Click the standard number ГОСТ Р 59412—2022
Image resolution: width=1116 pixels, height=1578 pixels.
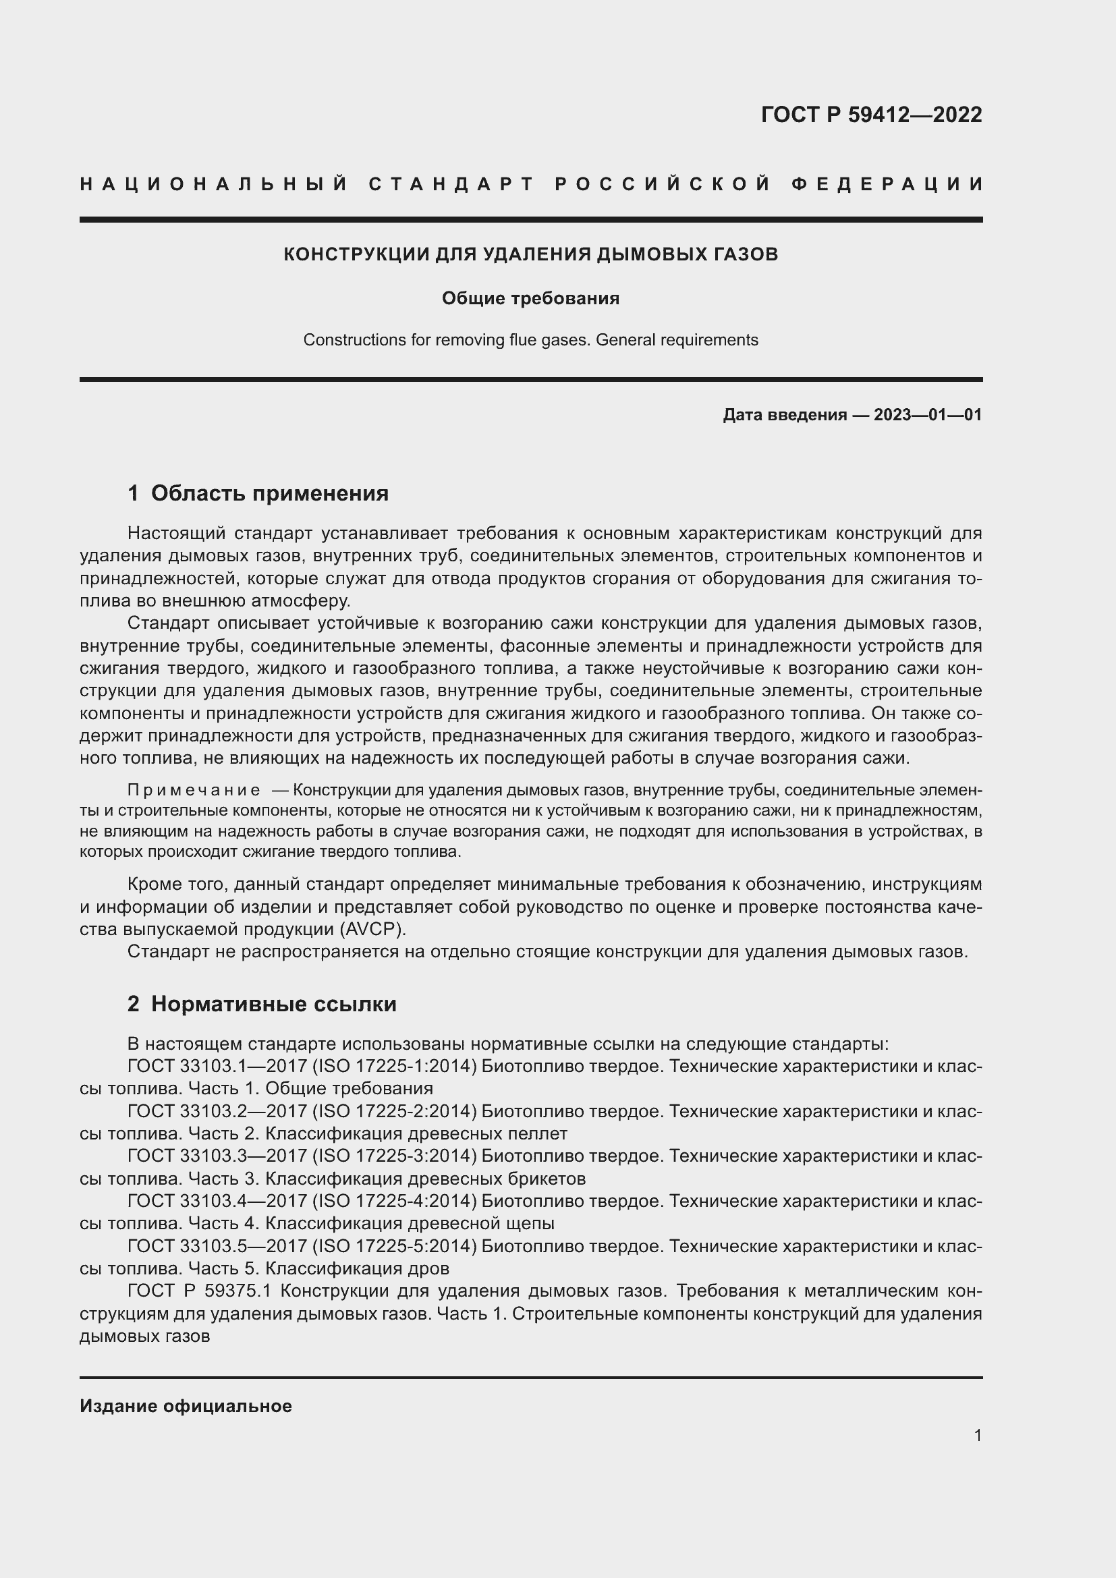coord(870,114)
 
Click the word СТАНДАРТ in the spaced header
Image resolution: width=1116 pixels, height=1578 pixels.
coord(451,184)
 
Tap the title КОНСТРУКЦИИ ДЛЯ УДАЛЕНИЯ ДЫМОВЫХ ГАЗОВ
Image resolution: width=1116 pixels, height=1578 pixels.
coord(530,254)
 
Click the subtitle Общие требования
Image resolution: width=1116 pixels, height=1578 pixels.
coord(530,298)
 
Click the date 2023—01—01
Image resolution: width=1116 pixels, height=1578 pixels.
coord(928,415)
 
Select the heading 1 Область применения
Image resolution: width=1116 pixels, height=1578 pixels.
coord(258,493)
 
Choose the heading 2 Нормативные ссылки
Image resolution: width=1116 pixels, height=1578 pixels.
coord(262,1004)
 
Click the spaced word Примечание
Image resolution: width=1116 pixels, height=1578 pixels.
coord(194,791)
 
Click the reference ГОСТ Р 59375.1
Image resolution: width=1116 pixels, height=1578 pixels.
coord(200,1291)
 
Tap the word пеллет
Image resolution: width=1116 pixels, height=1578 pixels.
coord(543,1133)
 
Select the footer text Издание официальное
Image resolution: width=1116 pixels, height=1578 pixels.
coord(186,1406)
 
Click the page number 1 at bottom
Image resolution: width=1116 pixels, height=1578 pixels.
coord(978,1435)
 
